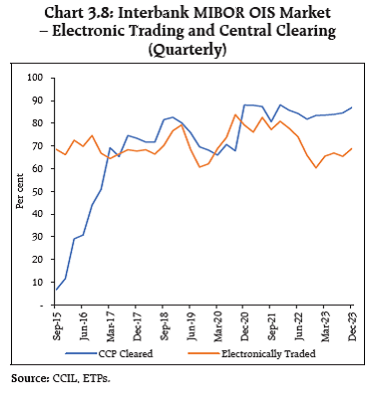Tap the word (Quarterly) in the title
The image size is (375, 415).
click(x=188, y=45)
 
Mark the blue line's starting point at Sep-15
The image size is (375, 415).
click(x=56, y=290)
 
